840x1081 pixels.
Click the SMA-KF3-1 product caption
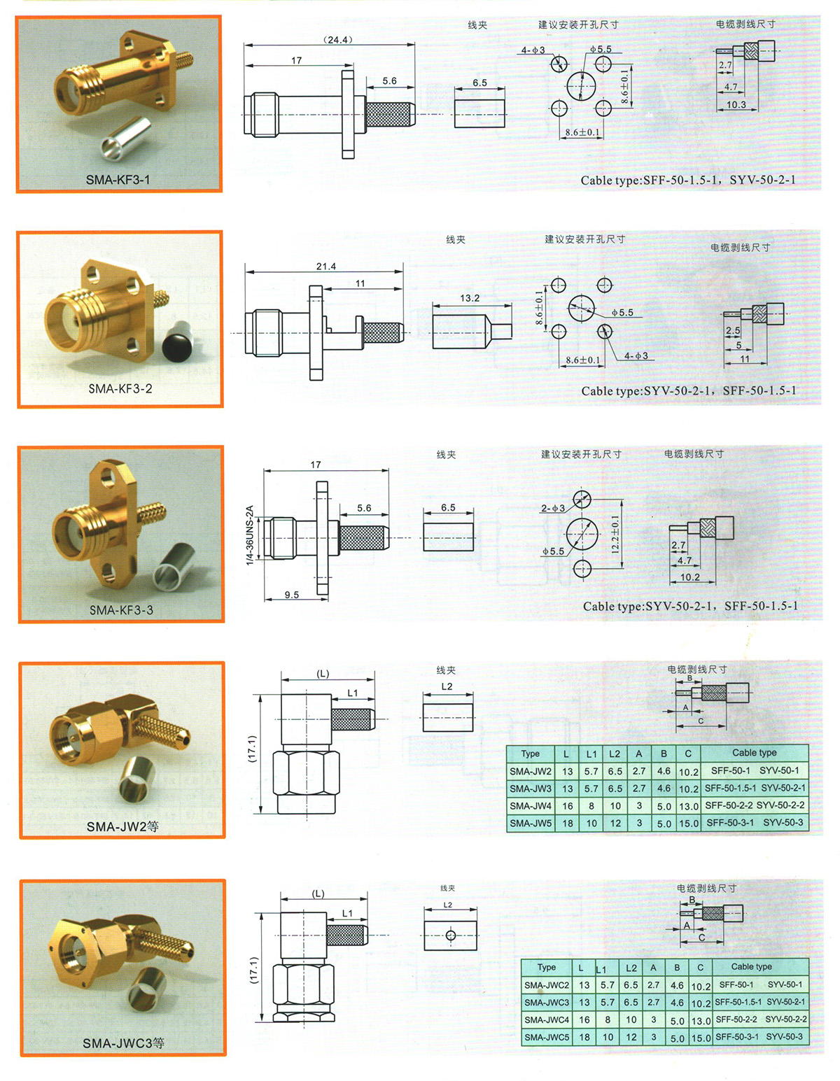118,180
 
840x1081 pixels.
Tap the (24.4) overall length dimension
337,40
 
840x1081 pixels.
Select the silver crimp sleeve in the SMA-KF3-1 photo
127,139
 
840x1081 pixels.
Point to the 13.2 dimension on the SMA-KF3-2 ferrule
469,298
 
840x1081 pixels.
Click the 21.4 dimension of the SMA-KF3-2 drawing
326,267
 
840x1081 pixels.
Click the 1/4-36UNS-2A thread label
251,535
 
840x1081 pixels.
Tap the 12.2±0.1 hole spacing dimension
615,535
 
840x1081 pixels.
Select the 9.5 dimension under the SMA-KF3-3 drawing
292,595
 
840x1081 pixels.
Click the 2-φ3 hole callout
552,508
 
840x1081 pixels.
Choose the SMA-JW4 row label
531,805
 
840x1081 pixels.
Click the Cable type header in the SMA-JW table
754,753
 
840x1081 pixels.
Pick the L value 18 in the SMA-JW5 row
567,824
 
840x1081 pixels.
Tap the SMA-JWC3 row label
547,1003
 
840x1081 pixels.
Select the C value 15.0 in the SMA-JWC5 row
701,1038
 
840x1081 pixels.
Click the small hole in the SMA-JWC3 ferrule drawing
450,935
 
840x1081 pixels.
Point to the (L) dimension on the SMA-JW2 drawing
323,674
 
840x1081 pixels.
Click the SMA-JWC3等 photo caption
123,1043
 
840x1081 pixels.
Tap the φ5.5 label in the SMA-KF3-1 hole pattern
601,49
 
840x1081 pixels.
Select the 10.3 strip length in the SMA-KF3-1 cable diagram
736,104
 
